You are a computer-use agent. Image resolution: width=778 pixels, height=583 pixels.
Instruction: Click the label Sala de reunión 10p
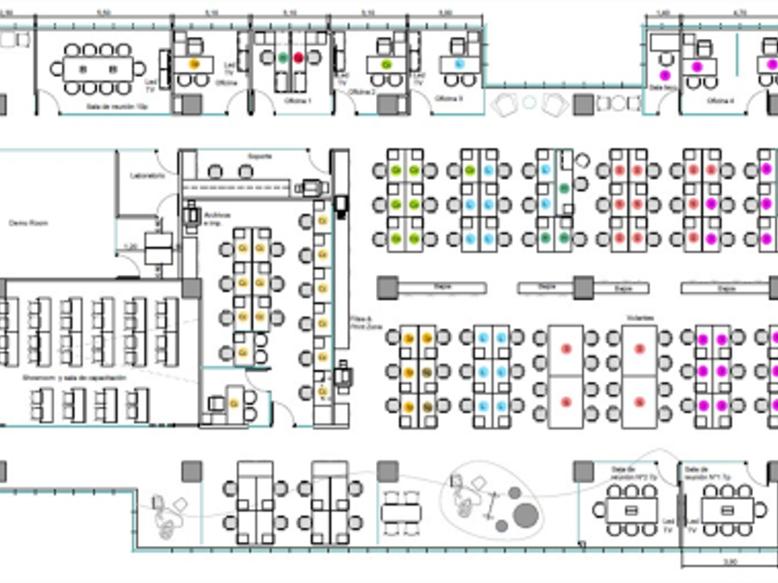(116, 106)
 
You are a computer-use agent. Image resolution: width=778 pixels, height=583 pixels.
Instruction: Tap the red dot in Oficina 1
(298, 57)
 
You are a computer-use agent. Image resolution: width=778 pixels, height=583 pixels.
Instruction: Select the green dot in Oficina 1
(283, 57)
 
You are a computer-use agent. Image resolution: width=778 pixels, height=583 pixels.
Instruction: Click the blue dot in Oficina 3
(458, 64)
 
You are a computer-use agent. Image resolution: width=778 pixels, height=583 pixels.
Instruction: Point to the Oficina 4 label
(721, 100)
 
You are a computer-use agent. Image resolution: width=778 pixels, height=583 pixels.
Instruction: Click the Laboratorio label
(146, 175)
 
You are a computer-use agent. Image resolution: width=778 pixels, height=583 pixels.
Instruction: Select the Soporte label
(260, 156)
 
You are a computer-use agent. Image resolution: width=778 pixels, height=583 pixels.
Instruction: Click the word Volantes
(638, 318)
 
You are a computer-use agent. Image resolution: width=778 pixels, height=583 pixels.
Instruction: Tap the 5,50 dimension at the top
(105, 13)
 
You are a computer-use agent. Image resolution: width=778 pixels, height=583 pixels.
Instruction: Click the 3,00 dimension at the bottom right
(729, 561)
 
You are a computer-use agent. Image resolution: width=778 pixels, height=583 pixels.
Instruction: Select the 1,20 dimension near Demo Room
(131, 246)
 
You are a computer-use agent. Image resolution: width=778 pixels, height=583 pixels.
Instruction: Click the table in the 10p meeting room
(97, 68)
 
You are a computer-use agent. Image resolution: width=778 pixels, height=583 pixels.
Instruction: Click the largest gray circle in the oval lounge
(525, 514)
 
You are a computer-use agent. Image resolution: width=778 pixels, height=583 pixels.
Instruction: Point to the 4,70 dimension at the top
(739, 13)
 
